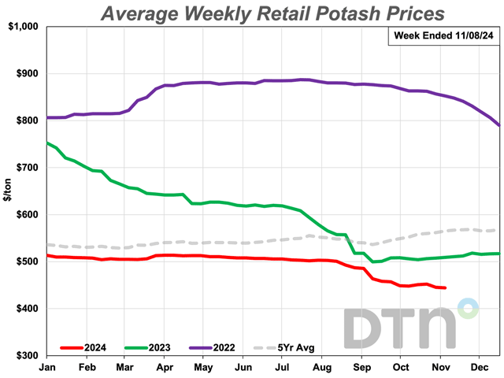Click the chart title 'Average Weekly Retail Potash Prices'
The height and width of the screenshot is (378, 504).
click(272, 13)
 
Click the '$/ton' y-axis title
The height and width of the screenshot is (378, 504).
click(7, 191)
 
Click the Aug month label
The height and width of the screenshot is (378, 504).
click(321, 367)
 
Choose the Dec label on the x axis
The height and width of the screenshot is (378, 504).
click(478, 367)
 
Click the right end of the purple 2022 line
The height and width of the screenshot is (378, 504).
click(498, 125)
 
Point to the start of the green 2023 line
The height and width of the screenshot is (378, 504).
click(47, 143)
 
